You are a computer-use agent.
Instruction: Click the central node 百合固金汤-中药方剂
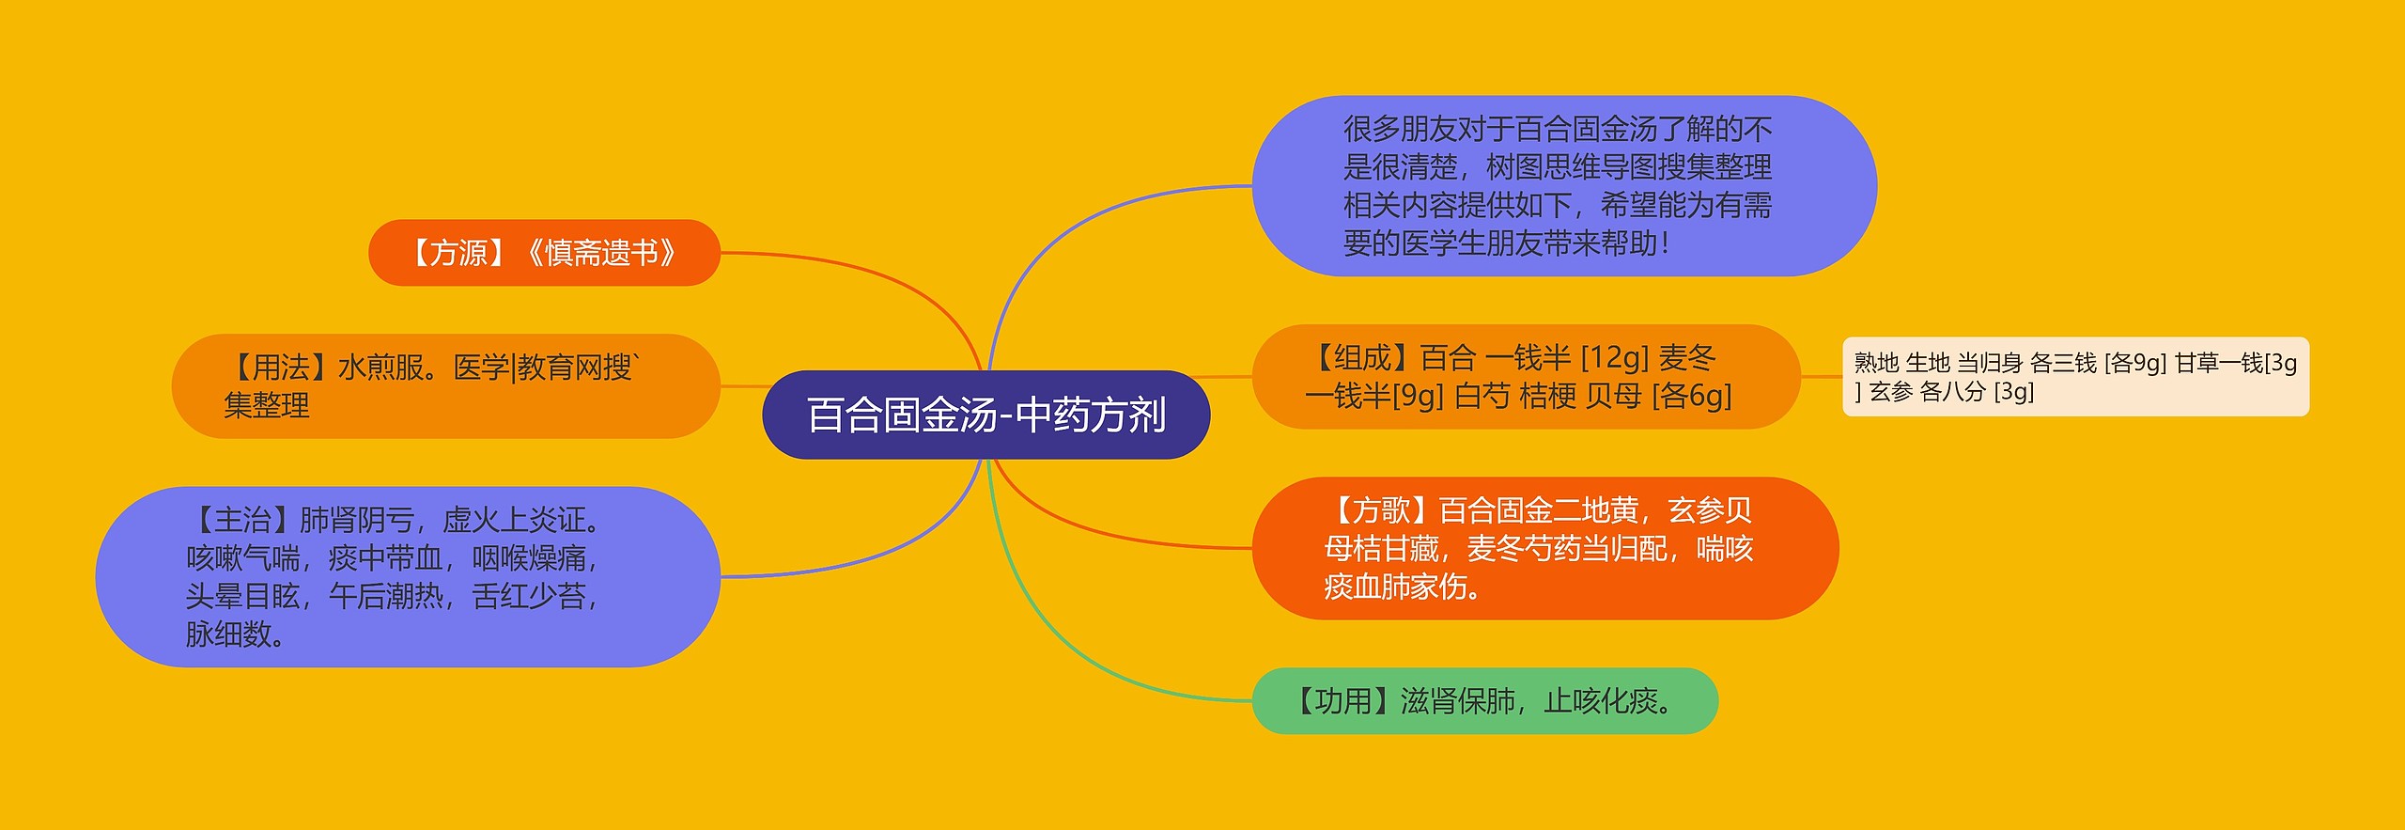coord(985,415)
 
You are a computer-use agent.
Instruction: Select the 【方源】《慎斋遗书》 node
coord(544,253)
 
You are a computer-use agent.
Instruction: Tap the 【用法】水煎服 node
coord(445,386)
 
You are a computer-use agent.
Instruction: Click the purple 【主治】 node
coord(408,576)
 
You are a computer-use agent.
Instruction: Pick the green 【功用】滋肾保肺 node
coord(1484,701)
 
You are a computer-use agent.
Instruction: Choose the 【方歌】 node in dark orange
coord(1544,548)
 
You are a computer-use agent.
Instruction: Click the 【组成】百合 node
coord(1526,377)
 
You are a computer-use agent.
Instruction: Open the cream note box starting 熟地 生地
coord(2075,377)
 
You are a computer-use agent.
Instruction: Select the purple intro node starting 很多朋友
coord(1563,186)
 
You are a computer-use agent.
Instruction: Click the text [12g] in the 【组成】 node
coord(1615,358)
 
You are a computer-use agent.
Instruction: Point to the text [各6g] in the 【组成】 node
coord(1691,397)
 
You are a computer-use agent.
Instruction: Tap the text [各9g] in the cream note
coord(2135,363)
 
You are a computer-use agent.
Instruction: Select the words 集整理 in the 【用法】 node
coord(267,406)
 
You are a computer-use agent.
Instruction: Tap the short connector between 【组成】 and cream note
coord(1821,377)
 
